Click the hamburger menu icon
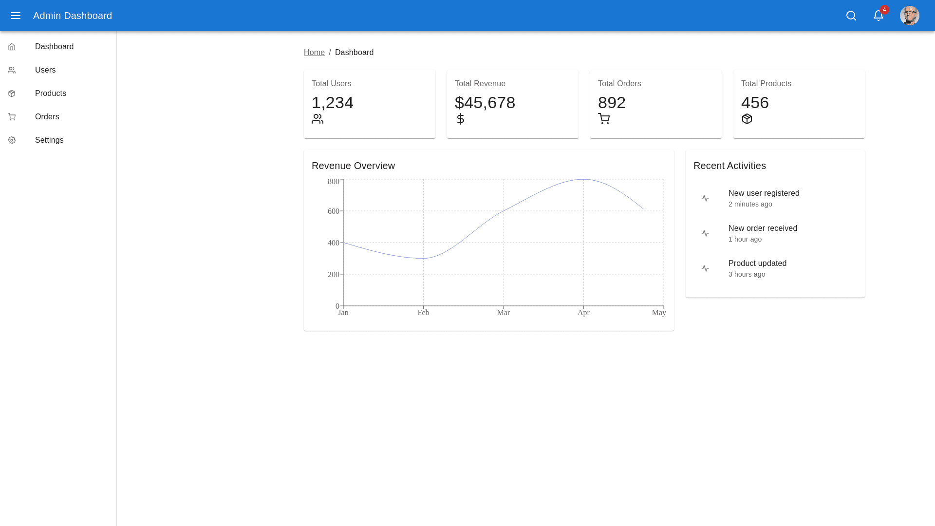click(16, 16)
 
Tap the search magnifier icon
click(851, 16)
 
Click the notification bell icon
click(879, 16)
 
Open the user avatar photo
click(909, 16)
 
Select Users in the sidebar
click(45, 70)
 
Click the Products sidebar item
click(51, 94)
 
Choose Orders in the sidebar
click(47, 117)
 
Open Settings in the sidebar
click(49, 140)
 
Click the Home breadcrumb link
click(314, 53)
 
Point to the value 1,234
click(333, 103)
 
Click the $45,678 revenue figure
click(485, 103)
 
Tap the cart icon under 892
click(604, 119)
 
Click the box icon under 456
click(747, 119)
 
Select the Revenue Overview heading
click(353, 166)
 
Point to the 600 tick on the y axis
click(334, 211)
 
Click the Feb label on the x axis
click(423, 313)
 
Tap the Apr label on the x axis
click(583, 313)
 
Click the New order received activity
click(763, 228)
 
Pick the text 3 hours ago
click(747, 274)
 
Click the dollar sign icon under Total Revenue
click(461, 119)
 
